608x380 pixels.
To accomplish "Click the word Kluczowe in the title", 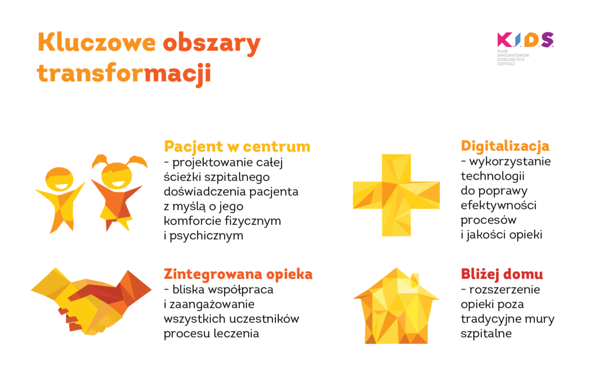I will click(x=96, y=43).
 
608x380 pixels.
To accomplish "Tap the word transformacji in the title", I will click(x=124, y=73).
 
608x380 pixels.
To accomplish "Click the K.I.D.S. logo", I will click(x=525, y=40).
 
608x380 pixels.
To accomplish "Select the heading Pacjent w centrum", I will click(x=237, y=146).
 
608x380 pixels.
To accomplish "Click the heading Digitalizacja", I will click(x=505, y=146).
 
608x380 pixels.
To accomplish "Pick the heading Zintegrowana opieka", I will click(x=238, y=274).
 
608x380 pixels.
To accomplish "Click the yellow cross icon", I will click(x=396, y=195).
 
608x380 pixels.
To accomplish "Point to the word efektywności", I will click(x=498, y=205).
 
